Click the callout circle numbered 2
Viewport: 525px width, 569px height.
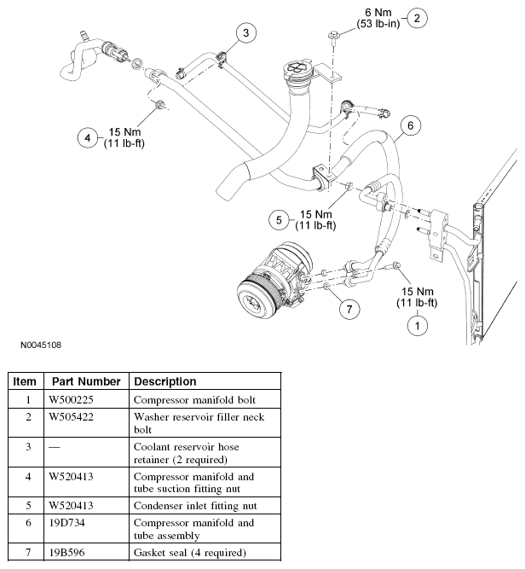(x=417, y=17)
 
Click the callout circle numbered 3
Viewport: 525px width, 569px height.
(x=245, y=34)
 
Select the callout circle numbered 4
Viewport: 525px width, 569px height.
(x=88, y=137)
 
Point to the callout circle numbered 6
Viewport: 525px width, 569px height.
(x=410, y=126)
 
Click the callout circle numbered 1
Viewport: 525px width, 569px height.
(x=417, y=325)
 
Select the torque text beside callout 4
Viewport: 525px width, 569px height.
(x=126, y=137)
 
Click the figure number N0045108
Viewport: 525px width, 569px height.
(x=41, y=346)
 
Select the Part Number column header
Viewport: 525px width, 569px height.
(x=85, y=381)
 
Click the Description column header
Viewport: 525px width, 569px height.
(x=165, y=381)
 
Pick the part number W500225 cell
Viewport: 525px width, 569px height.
(x=72, y=399)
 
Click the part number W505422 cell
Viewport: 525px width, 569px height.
(x=72, y=417)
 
